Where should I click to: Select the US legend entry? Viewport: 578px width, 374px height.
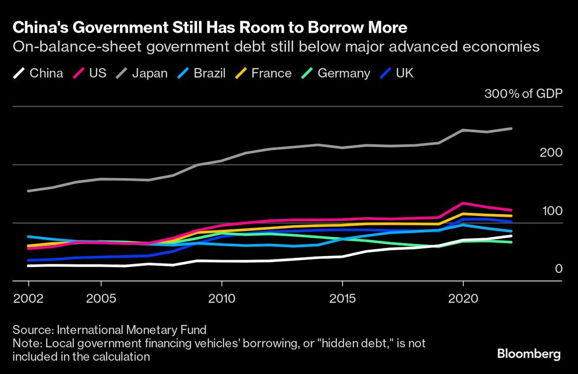point(94,74)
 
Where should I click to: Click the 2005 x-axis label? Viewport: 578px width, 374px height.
point(101,298)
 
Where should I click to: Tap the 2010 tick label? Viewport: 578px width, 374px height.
point(222,298)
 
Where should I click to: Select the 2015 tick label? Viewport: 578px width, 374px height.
point(342,298)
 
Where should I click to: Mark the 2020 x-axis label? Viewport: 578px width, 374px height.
point(463,298)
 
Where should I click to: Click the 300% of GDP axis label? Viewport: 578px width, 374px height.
point(523,94)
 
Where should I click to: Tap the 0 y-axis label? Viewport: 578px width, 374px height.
point(559,269)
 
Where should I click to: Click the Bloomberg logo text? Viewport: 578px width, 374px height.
point(528,354)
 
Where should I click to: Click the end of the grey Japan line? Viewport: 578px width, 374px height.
point(511,129)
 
